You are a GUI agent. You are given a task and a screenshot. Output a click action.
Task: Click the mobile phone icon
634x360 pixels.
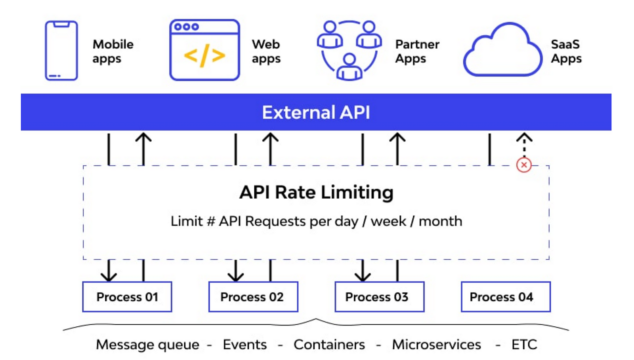point(61,50)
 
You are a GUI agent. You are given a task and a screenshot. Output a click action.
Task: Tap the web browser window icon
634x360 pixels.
point(204,50)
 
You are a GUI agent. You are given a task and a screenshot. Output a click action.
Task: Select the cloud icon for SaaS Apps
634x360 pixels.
point(502,51)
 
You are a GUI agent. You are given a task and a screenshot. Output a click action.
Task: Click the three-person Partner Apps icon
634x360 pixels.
point(349,50)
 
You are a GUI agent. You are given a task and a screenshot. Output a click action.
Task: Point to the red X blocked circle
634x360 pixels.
point(524,165)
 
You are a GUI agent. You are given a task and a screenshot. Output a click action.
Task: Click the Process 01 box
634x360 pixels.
point(127,297)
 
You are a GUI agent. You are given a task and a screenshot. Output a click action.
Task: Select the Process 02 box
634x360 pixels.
point(253,297)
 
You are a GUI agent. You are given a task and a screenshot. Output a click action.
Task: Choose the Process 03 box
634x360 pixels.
point(379,297)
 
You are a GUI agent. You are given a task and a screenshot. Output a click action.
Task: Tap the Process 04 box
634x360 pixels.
point(506,297)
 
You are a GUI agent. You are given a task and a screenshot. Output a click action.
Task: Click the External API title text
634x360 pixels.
point(316,113)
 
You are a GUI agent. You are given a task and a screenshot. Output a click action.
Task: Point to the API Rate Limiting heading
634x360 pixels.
point(316,193)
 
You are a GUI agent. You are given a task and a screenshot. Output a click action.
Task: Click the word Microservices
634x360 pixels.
point(436,345)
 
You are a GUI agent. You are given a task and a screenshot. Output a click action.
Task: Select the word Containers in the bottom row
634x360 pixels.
point(329,345)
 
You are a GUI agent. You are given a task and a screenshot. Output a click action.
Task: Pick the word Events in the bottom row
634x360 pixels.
point(244,345)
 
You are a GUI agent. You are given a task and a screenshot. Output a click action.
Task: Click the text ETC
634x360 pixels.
point(524,345)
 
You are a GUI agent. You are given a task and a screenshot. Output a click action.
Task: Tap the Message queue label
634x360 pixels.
point(147,345)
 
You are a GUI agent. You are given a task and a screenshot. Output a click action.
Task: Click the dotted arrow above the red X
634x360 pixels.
point(524,145)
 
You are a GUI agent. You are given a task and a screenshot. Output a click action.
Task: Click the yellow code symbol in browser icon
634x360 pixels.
point(204,56)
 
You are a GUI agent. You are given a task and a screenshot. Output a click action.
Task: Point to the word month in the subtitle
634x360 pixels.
point(440,221)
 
